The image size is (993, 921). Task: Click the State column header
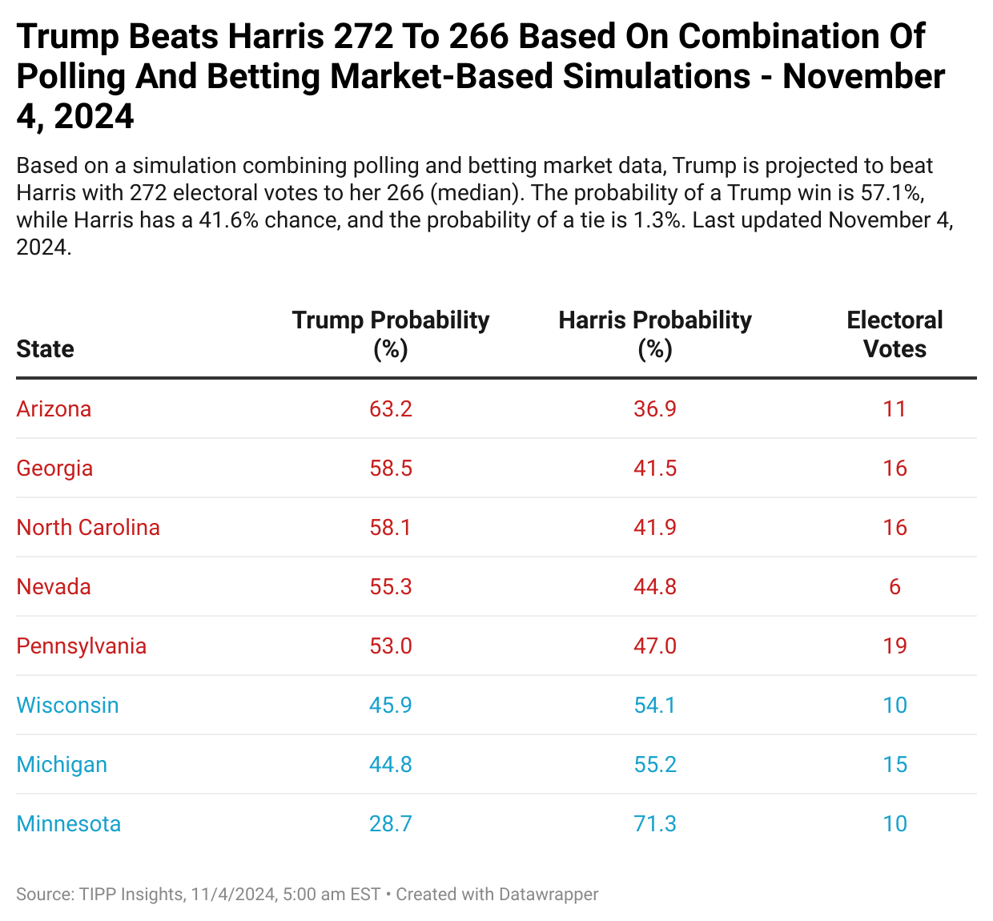[x=45, y=348]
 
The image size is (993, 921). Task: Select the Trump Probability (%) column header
[x=391, y=334]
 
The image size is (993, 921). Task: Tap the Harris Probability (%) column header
[x=655, y=334]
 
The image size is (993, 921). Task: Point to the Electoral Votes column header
[x=895, y=334]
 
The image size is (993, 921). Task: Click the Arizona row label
[x=54, y=408]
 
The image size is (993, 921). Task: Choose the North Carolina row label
[x=88, y=527]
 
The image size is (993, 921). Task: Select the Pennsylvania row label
[x=82, y=646]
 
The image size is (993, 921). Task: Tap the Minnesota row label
[x=69, y=823]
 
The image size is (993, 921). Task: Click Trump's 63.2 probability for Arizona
[x=391, y=408]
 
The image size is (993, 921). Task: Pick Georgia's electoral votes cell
[x=895, y=468]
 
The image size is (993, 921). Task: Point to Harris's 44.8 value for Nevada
[x=655, y=586]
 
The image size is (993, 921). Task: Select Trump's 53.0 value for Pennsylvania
[x=391, y=646]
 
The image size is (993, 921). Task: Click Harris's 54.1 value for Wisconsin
[x=655, y=705]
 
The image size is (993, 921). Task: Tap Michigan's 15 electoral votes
[x=895, y=764]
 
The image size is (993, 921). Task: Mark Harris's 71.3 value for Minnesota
[x=655, y=823]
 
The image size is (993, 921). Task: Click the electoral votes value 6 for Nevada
[x=895, y=586]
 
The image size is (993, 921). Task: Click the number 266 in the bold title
[x=478, y=37]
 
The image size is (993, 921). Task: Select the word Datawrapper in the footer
[x=549, y=894]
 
